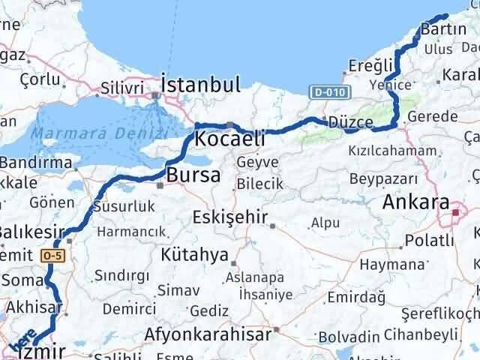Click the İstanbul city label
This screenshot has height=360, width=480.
click(200, 84)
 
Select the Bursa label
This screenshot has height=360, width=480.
click(193, 176)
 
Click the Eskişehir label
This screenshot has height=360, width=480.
click(230, 217)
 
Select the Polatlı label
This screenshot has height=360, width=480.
click(429, 241)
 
